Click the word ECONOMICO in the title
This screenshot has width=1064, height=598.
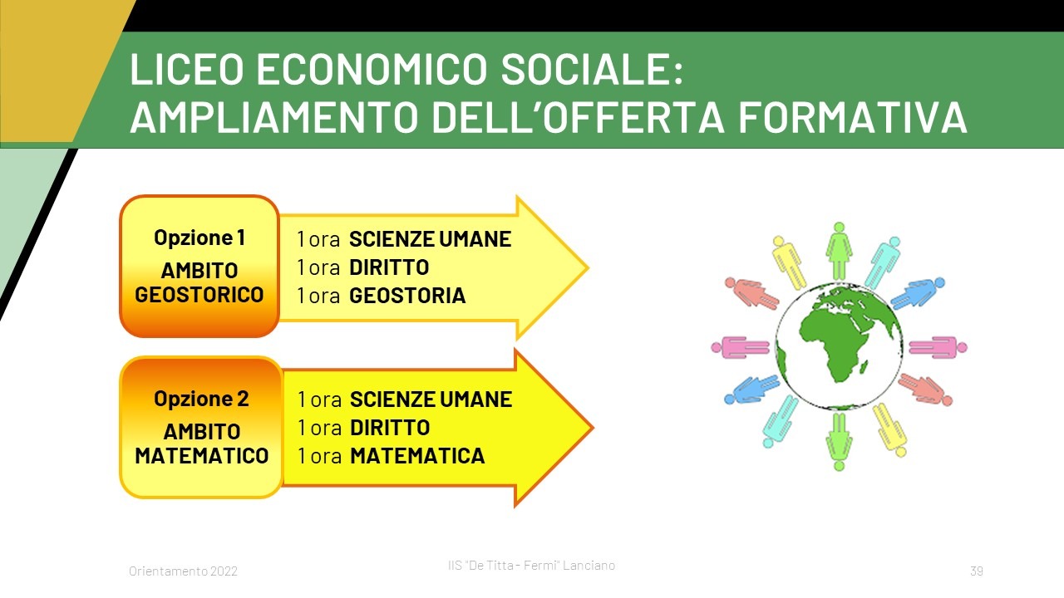[372, 69]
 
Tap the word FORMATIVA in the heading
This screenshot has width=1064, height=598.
[853, 117]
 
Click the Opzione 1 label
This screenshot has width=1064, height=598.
[199, 238]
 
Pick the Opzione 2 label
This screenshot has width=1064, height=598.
[201, 398]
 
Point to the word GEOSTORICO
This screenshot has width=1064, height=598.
[199, 295]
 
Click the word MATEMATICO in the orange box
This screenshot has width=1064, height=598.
[202, 456]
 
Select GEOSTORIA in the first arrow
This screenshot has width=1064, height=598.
[407, 295]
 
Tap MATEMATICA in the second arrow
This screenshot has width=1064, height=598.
[417, 456]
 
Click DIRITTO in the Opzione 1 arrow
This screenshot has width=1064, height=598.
[389, 267]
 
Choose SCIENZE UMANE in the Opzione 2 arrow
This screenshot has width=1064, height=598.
[431, 399]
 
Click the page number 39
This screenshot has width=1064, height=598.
[977, 571]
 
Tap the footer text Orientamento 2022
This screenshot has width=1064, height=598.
[183, 571]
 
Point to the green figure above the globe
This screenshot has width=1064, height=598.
[840, 251]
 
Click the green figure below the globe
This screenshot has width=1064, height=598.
[840, 442]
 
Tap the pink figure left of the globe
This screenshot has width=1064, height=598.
[740, 347]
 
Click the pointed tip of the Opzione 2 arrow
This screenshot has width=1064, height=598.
[594, 428]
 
